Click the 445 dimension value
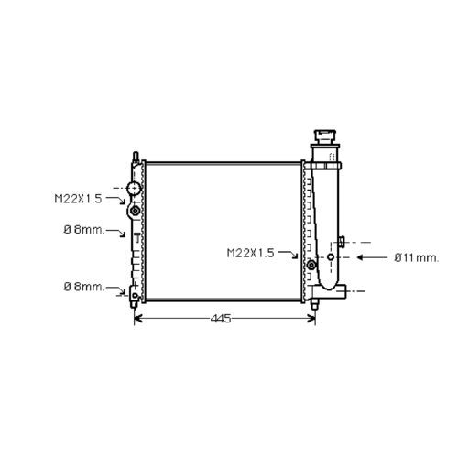click(221, 319)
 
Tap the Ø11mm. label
click(417, 258)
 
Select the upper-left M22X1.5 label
click(78, 199)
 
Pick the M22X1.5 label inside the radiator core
click(250, 253)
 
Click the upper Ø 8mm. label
click(84, 230)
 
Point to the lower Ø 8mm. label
click(84, 287)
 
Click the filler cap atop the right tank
click(325, 137)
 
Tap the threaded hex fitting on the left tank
click(135, 210)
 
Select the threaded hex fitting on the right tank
click(311, 265)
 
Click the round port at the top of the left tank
click(134, 188)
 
